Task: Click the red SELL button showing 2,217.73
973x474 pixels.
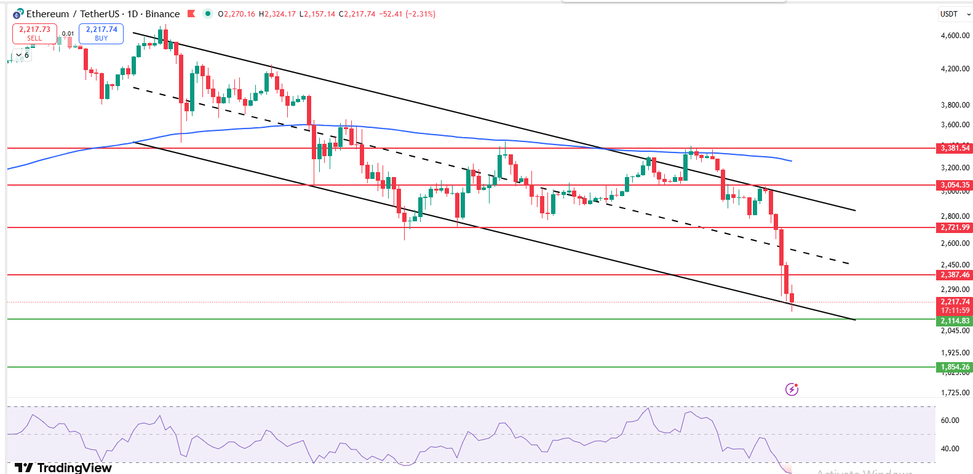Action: (34, 33)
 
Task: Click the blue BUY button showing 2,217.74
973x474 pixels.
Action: (101, 33)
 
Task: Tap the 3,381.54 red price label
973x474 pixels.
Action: (955, 148)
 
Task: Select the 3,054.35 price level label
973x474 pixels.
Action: (955, 185)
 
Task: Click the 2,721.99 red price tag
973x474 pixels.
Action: (955, 227)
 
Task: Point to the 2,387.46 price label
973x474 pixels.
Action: (955, 275)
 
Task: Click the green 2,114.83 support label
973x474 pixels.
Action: (955, 321)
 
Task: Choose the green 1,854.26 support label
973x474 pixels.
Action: (955, 367)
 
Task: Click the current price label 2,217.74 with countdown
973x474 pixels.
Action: (955, 306)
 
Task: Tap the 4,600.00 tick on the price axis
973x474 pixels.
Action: (955, 36)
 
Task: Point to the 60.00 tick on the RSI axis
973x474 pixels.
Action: (950, 421)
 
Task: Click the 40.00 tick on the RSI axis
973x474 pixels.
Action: (950, 449)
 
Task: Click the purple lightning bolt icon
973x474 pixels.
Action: (792, 389)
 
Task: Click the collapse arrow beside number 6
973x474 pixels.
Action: (18, 55)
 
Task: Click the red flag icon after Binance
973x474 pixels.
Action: (191, 14)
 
